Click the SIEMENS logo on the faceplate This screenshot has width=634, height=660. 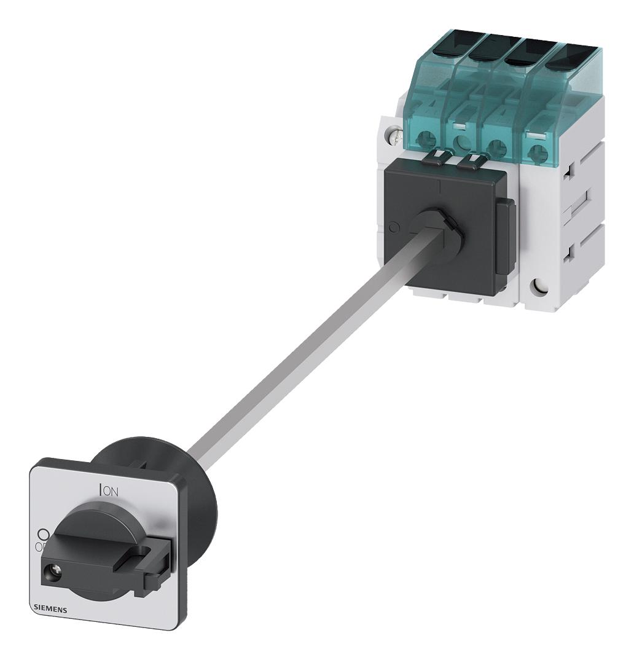click(x=50, y=607)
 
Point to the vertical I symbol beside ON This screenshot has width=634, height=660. click(x=100, y=489)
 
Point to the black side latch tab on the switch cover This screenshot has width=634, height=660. click(x=504, y=237)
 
